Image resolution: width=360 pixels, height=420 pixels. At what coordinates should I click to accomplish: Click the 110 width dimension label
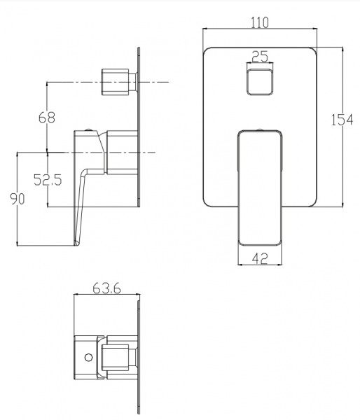click(x=259, y=22)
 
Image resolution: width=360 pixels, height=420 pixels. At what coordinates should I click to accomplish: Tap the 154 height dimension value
click(x=342, y=120)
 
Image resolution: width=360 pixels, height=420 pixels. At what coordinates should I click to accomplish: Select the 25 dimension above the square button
click(x=260, y=57)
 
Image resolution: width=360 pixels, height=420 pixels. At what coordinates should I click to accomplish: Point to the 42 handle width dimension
click(x=260, y=258)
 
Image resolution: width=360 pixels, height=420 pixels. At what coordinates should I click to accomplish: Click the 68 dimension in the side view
click(x=47, y=118)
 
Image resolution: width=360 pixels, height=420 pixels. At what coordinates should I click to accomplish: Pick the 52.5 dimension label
click(x=48, y=179)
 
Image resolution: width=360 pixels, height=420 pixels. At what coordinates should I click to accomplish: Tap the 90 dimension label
click(x=17, y=199)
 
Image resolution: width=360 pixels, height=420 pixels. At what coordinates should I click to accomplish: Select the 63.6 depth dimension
click(x=106, y=288)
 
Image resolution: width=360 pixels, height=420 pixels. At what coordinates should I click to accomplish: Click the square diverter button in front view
click(x=260, y=82)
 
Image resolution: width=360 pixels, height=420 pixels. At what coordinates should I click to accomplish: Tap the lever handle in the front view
click(x=260, y=188)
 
